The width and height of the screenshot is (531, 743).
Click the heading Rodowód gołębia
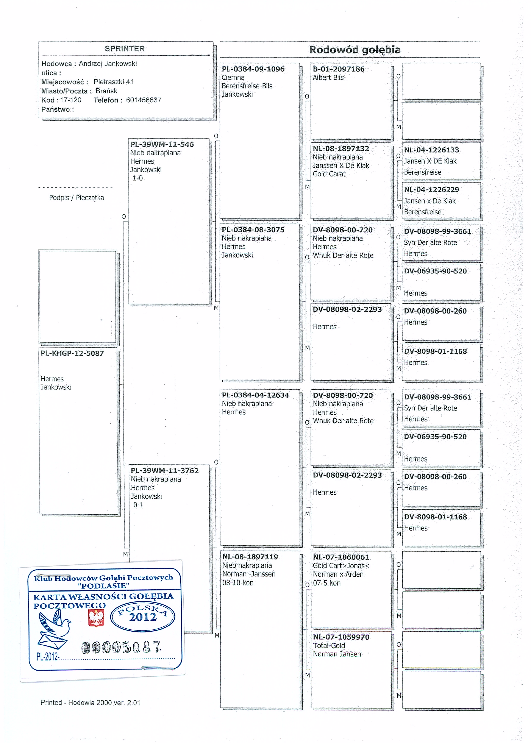coord(355,50)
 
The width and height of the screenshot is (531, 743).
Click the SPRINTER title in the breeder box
coord(125,49)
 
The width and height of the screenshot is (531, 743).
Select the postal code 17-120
coord(71,100)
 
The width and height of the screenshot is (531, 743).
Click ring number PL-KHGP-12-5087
coord(72,353)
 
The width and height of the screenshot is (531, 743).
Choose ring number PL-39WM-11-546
coord(162,144)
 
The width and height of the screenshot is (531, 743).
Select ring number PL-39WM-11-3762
coord(164,470)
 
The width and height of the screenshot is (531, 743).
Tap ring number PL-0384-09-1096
coord(253,69)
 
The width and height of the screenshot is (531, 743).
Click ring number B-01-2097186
coord(338,69)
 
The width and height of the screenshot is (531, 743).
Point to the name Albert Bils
coord(328,78)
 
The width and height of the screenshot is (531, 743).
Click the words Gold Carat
coord(329,174)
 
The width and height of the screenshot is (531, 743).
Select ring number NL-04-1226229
coord(431,190)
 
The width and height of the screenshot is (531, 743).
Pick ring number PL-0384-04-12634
coord(255,395)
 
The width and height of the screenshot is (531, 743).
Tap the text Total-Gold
coord(329,646)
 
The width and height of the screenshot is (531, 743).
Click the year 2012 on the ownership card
coord(143,617)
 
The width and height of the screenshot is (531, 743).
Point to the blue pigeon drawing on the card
coord(54,629)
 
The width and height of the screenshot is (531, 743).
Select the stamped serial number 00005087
coord(121,647)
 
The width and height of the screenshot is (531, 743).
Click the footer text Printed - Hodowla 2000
coord(90,702)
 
